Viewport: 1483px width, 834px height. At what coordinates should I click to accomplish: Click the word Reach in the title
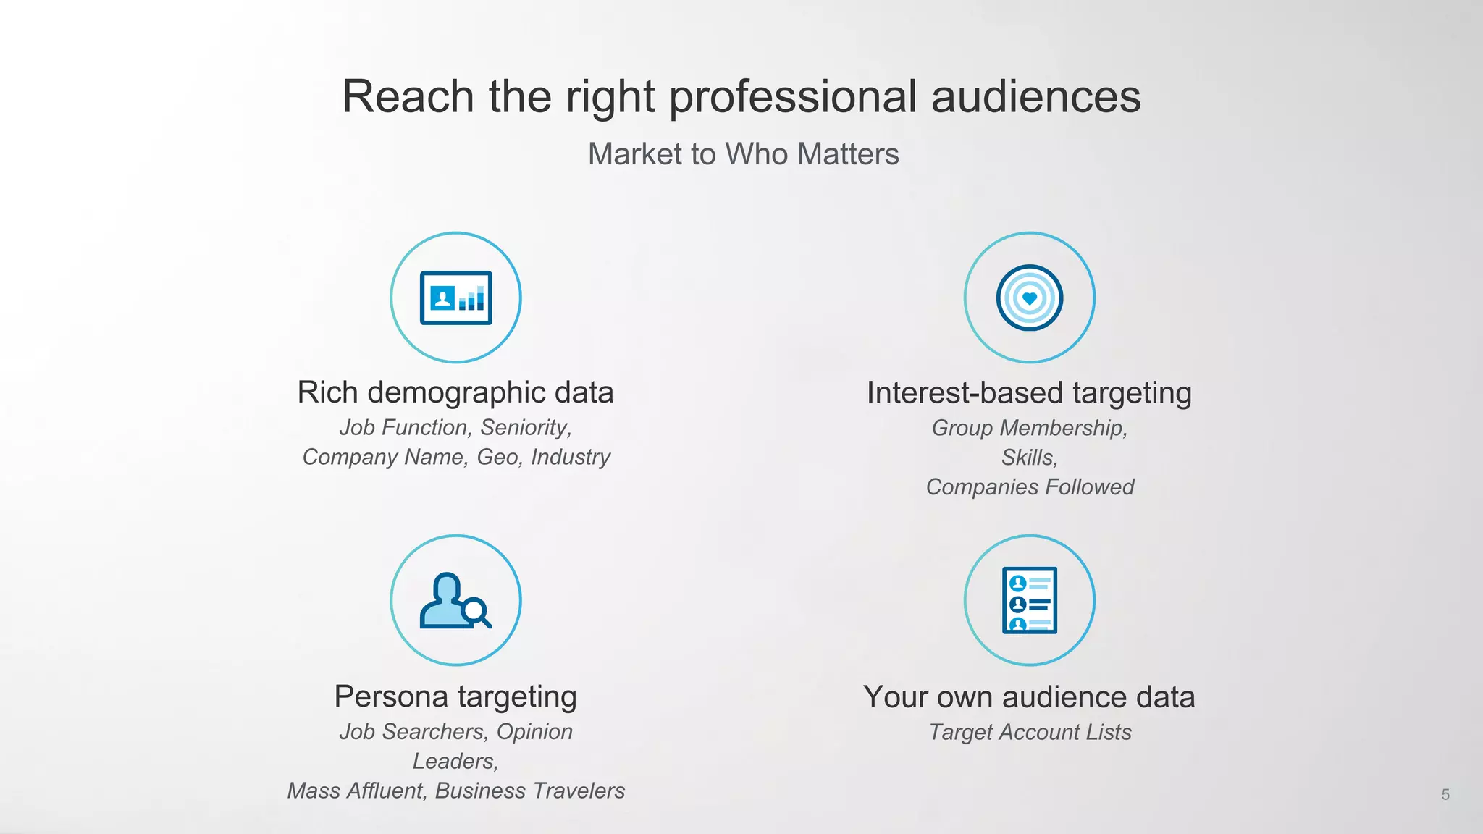408,96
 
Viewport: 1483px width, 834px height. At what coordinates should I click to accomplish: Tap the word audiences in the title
1035,96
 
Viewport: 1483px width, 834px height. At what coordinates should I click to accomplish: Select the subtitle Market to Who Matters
743,154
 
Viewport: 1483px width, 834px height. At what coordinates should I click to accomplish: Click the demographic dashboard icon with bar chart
455,298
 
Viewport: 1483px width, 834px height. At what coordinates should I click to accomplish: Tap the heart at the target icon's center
1029,298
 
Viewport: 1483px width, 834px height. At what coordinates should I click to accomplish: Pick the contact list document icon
1029,600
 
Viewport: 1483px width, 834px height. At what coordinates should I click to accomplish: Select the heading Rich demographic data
455,392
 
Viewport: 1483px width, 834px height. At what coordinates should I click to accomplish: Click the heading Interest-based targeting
1029,393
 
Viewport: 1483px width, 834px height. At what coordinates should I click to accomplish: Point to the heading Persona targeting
455,696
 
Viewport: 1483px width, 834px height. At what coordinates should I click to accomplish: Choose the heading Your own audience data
1029,697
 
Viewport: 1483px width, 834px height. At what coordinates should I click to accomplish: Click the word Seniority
526,428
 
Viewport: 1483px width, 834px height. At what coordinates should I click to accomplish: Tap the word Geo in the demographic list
499,458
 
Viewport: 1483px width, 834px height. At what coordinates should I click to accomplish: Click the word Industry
571,458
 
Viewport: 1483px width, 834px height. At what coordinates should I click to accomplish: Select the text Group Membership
1029,429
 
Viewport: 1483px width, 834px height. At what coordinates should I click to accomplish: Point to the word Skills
1029,458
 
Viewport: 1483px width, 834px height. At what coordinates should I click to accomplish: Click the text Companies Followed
1030,487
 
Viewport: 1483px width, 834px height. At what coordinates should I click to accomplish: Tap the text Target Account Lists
1030,733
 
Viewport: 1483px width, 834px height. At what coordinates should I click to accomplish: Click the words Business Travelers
529,791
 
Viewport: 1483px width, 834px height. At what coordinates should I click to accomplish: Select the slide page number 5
1445,795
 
